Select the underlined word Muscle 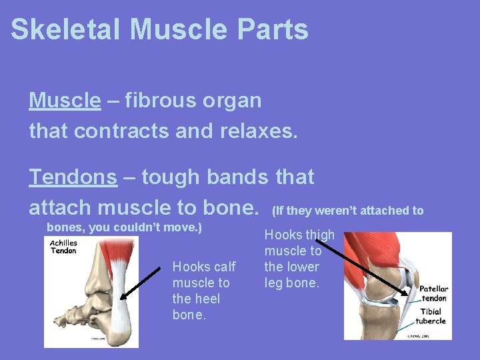pos(65,101)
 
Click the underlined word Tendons pos(73,177)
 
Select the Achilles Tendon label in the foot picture pos(64,247)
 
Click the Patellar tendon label pos(433,293)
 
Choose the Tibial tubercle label pos(432,316)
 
